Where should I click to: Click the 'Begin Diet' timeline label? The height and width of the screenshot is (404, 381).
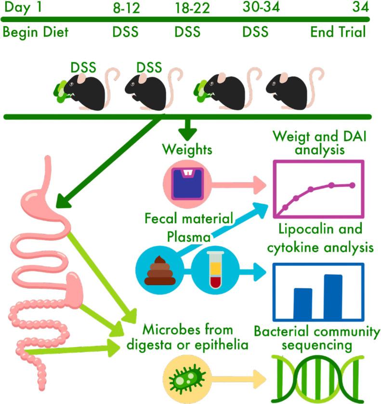click(36, 32)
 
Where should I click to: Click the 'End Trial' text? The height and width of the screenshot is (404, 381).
click(338, 32)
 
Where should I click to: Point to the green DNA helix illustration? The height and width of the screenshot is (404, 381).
click(318, 378)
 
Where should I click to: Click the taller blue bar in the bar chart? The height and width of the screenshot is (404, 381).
click(333, 295)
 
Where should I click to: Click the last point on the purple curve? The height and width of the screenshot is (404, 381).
click(353, 185)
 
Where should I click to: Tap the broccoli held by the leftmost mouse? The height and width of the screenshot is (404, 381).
click(62, 90)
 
